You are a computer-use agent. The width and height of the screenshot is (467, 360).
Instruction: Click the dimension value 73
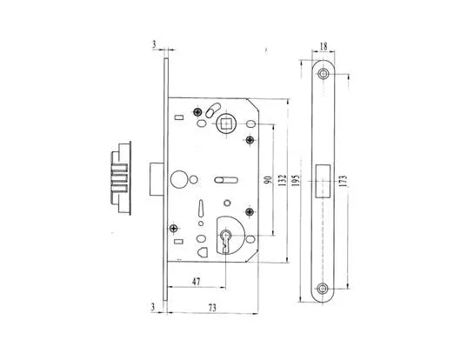[212, 307]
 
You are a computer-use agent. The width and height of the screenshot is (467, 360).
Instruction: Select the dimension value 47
[196, 282]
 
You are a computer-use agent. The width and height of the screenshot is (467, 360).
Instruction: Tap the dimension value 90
[269, 179]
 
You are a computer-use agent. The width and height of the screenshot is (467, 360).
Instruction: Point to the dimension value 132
[282, 180]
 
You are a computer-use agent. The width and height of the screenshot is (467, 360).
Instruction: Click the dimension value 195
[296, 180]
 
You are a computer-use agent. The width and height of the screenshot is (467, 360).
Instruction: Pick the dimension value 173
[344, 181]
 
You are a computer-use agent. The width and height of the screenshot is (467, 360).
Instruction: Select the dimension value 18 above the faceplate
[324, 46]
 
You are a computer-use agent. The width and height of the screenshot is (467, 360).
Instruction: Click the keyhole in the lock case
[225, 241]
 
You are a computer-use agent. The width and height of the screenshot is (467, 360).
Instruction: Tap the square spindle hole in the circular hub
[226, 123]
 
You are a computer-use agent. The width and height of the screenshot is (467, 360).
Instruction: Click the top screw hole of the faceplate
[324, 73]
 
